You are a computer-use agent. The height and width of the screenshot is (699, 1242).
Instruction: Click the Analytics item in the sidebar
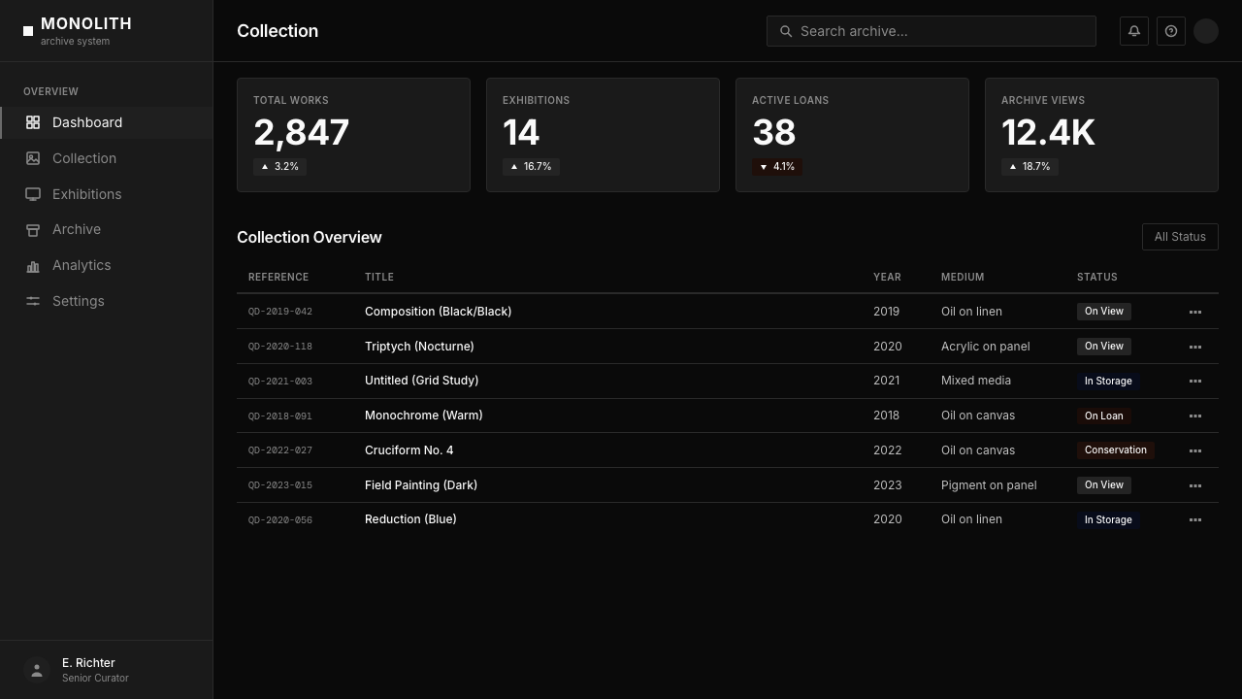tap(82, 265)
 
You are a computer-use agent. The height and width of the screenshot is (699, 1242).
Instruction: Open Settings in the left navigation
tap(79, 301)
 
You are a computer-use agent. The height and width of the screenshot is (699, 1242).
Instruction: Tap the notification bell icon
tap(1134, 31)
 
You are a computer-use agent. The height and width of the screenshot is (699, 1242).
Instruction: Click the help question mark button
tap(1170, 31)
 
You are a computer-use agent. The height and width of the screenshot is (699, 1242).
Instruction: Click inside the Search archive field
tap(931, 31)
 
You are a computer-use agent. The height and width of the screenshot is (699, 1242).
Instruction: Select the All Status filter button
tap(1180, 237)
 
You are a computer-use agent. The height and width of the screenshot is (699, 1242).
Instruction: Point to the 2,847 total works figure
tap(301, 133)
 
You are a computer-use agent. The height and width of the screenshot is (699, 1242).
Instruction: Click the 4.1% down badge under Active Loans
tap(777, 166)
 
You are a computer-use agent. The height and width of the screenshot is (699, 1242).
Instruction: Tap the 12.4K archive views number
tap(1048, 133)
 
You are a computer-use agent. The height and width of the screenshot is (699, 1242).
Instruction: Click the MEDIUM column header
tap(963, 277)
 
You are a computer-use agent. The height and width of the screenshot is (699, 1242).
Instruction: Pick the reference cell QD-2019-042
tap(280, 312)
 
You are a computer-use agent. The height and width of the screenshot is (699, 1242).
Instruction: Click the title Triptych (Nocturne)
tap(419, 347)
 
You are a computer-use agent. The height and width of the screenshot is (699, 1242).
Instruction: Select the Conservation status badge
tap(1116, 449)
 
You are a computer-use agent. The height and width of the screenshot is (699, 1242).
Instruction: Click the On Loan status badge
tap(1104, 416)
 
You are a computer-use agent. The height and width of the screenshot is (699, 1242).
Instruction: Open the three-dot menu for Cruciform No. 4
tap(1195, 450)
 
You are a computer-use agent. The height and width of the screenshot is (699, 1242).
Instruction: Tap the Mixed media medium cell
tap(976, 381)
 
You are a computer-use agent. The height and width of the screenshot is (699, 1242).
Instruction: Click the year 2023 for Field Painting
tap(888, 484)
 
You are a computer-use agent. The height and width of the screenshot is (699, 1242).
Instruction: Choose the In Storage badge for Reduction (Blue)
tap(1108, 519)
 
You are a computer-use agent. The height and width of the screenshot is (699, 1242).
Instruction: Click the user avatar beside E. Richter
tap(37, 670)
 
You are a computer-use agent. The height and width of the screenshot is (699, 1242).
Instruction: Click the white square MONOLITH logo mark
tap(28, 31)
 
